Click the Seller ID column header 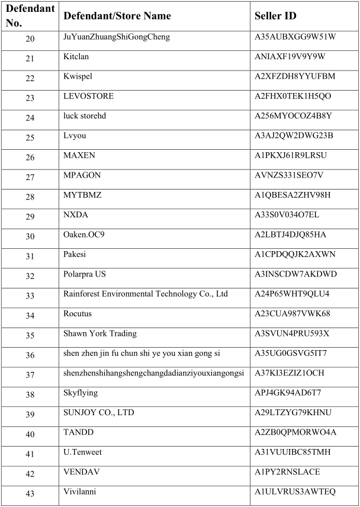point(275,16)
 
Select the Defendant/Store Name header point(117,16)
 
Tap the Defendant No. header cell point(30,16)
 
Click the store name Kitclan point(76,57)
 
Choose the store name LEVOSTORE point(88,96)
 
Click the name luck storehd point(85,115)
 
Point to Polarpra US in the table point(85,274)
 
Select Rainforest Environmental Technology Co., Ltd point(146,294)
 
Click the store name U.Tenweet point(82,452)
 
